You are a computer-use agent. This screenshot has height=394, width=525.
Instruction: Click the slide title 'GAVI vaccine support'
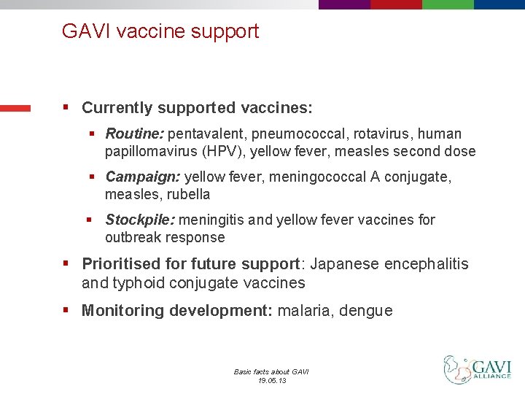(x=160, y=31)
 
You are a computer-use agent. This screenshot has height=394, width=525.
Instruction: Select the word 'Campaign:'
(x=143, y=177)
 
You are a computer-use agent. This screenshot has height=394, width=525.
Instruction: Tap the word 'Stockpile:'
(x=140, y=220)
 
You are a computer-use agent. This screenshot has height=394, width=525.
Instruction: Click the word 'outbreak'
(x=133, y=237)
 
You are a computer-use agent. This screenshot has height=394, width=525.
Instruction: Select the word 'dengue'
(x=368, y=311)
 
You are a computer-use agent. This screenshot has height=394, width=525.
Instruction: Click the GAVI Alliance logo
(x=478, y=369)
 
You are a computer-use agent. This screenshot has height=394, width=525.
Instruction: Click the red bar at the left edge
(x=15, y=109)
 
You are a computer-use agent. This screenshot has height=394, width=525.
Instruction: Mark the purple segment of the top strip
(x=344, y=4)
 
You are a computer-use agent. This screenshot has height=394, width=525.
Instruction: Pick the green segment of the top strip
(x=448, y=4)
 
